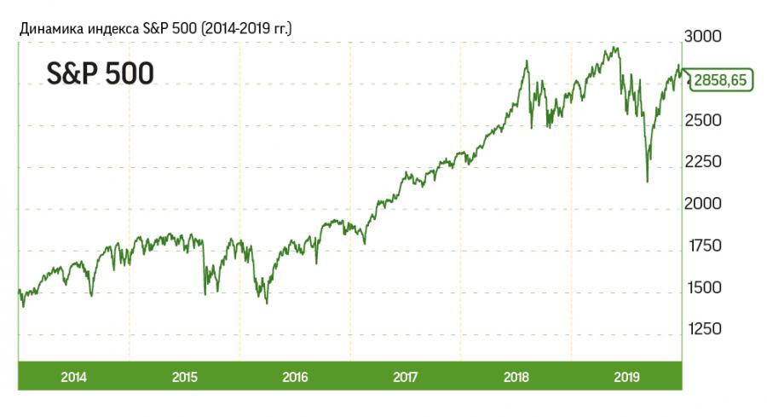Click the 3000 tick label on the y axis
pos(703,37)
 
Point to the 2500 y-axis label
pos(703,120)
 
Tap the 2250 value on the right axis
pos(703,162)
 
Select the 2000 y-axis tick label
pos(703,204)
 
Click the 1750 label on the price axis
pos(703,246)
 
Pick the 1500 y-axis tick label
pos(703,287)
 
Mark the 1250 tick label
pos(703,329)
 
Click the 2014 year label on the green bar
pos(75,376)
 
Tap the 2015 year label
pos(185,376)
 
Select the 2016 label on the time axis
pos(296,376)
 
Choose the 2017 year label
pos(406,376)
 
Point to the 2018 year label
pos(516,376)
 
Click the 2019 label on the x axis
pos(626,376)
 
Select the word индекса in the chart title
pos(111,29)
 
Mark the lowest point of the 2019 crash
pos(648,181)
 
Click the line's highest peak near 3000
pos(615,47)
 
